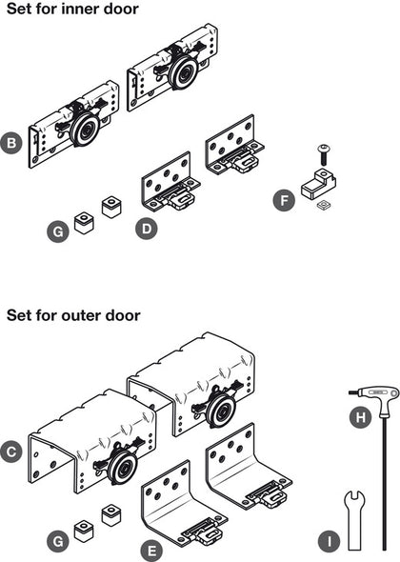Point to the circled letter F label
coord(281,200)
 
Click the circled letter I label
coord(329,542)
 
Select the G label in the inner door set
coord(59,231)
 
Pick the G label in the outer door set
coord(59,540)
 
